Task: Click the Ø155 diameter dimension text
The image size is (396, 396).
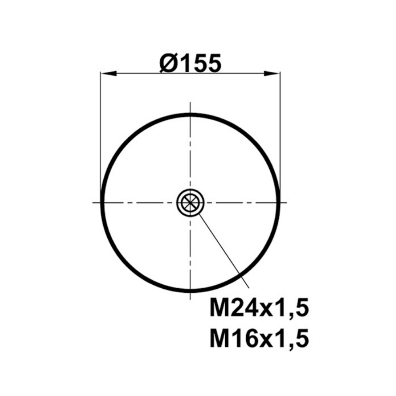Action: [x=191, y=63]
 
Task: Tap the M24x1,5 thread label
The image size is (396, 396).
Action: [x=259, y=308]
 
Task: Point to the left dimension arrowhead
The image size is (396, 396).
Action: [x=109, y=74]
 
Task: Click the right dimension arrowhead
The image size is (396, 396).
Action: [x=272, y=74]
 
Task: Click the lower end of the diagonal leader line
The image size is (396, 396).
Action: [x=249, y=287]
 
